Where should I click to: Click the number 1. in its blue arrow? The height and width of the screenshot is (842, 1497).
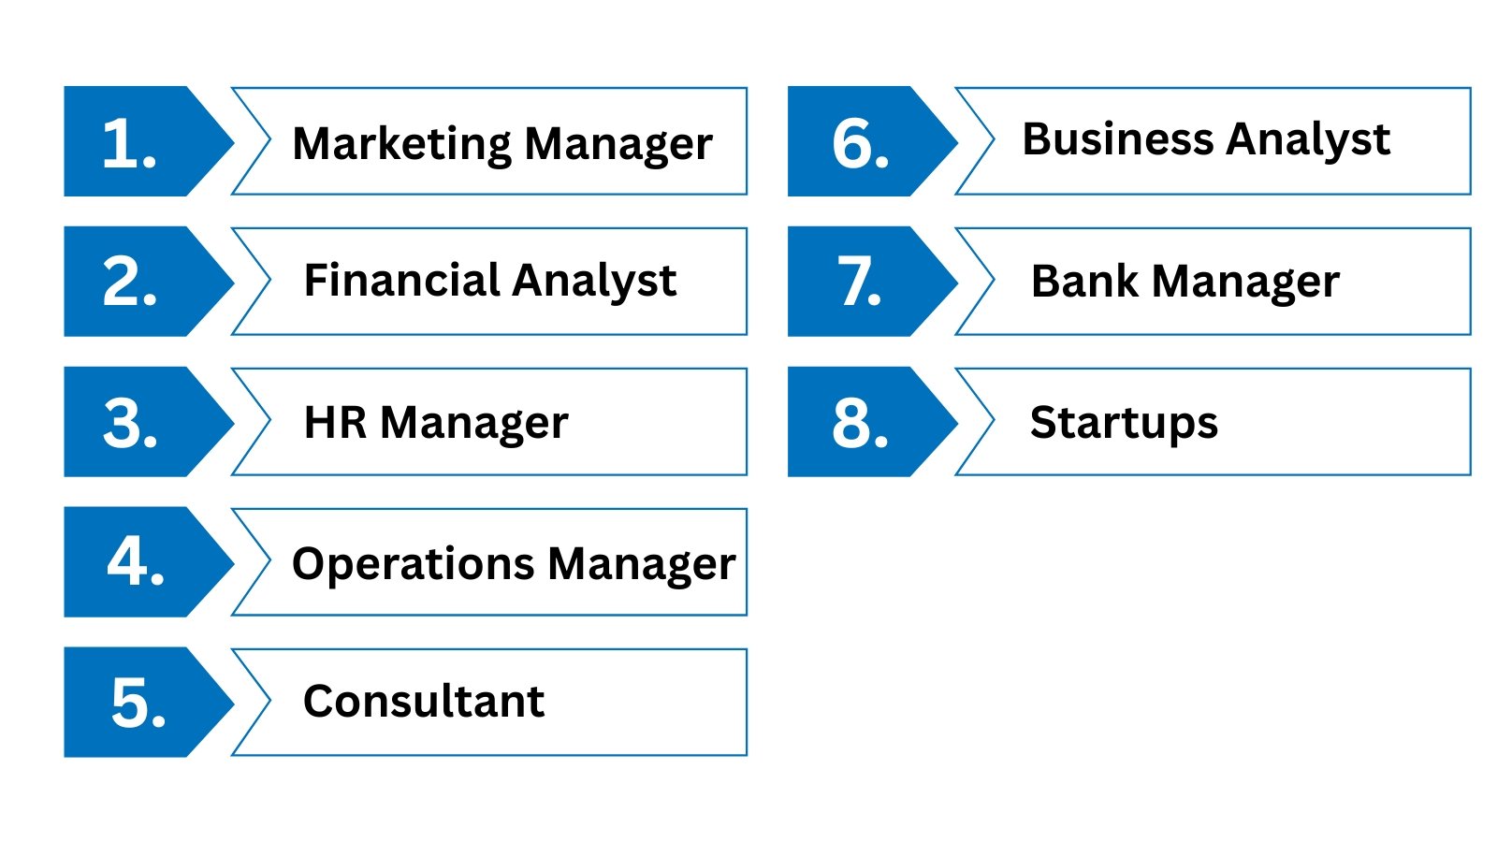tap(130, 143)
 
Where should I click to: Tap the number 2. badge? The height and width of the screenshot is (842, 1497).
tap(130, 282)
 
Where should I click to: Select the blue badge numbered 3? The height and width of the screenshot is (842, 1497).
tap(130, 423)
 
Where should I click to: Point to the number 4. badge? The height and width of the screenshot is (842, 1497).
tap(136, 562)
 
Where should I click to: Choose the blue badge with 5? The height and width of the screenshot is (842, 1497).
tap(138, 703)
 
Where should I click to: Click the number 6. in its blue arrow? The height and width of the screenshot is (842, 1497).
tap(860, 143)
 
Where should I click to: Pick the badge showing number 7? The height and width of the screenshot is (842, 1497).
tap(860, 282)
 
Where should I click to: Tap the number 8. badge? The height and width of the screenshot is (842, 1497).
tap(860, 423)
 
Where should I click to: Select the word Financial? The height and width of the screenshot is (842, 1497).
tap(402, 280)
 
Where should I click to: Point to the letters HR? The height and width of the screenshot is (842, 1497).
tap(335, 422)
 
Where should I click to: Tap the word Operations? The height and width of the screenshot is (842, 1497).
tap(414, 563)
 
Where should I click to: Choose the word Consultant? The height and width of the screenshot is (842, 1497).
tap(424, 701)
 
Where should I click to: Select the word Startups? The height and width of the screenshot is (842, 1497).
tap(1124, 422)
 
